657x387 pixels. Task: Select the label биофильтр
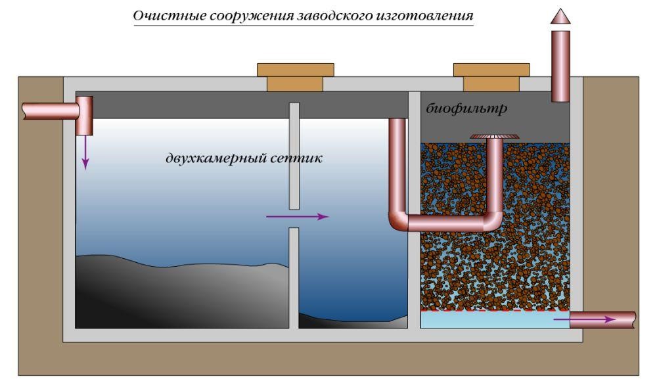[x=466, y=108]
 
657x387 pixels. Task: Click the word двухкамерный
[x=208, y=158]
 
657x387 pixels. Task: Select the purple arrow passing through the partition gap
[x=297, y=216]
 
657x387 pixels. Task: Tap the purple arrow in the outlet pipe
[x=585, y=319]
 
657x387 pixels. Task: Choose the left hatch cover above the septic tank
[x=295, y=76]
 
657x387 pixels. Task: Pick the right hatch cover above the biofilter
[x=491, y=76]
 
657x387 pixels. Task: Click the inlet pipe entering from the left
[x=49, y=110]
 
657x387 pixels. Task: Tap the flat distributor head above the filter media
[x=494, y=136]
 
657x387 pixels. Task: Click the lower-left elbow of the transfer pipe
[x=398, y=221]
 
